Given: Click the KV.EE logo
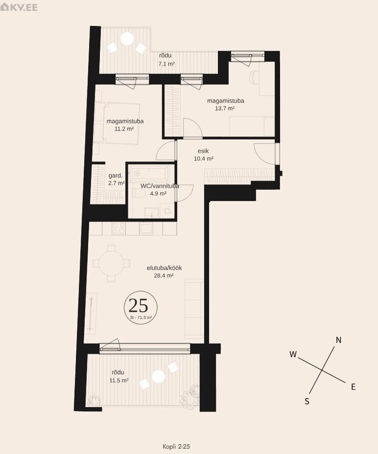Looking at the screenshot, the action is pyautogui.click(x=19, y=7).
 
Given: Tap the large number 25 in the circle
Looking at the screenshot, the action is pyautogui.click(x=138, y=305).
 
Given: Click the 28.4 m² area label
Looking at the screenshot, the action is pyautogui.click(x=164, y=275).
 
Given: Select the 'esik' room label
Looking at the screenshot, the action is pyautogui.click(x=203, y=151).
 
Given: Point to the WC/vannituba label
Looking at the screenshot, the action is pyautogui.click(x=160, y=186).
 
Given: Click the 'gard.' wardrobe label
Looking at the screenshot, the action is pyautogui.click(x=116, y=176).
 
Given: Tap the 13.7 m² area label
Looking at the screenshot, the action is pyautogui.click(x=225, y=108).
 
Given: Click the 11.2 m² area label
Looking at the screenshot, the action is pyautogui.click(x=124, y=129).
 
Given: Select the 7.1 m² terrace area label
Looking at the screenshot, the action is pyautogui.click(x=166, y=64).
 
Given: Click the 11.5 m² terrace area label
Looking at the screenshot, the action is pyautogui.click(x=119, y=380).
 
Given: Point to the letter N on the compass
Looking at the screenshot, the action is pyautogui.click(x=338, y=340).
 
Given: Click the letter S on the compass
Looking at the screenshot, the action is pyautogui.click(x=307, y=401).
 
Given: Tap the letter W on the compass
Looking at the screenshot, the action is pyautogui.click(x=293, y=354).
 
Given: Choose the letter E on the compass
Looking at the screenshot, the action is pyautogui.click(x=354, y=386).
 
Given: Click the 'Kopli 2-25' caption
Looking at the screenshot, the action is pyautogui.click(x=176, y=447).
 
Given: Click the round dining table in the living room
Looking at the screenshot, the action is pyautogui.click(x=111, y=264).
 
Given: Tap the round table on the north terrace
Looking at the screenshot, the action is pyautogui.click(x=127, y=39).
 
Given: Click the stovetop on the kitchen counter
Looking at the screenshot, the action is pyautogui.click(x=119, y=229).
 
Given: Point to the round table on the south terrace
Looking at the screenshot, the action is pyautogui.click(x=158, y=376).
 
